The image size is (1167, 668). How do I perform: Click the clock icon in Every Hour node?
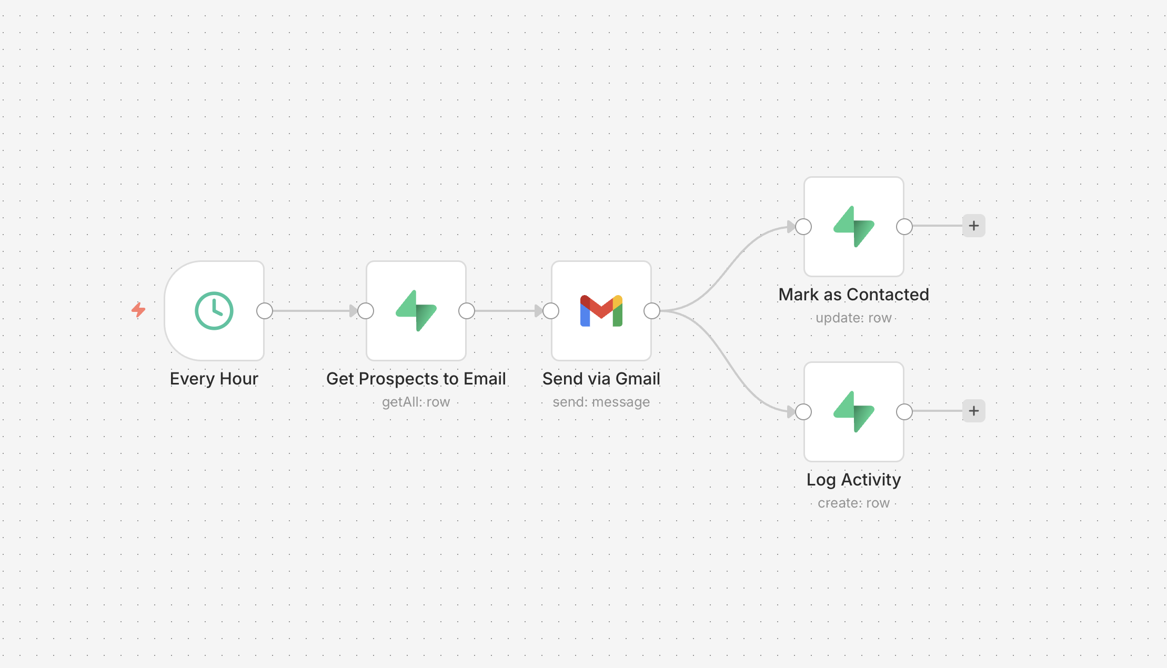tap(214, 310)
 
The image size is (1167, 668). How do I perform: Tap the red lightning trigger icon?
tap(138, 310)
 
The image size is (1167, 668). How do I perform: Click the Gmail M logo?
tap(601, 311)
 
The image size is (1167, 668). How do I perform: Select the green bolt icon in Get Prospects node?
tap(416, 311)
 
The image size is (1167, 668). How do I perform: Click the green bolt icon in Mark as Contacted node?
tap(853, 227)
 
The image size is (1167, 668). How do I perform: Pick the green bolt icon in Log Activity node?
tap(853, 412)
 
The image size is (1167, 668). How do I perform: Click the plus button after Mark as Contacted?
tap(973, 226)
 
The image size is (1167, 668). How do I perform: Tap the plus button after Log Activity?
tap(973, 411)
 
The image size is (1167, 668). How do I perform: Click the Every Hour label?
tap(214, 379)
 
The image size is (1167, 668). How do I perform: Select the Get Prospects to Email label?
tap(416, 379)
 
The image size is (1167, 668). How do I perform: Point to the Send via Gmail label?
tap(601, 379)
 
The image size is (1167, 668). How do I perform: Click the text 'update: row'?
tap(853, 318)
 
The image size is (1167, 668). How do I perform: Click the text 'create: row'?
tap(853, 503)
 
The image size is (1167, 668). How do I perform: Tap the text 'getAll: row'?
tap(416, 402)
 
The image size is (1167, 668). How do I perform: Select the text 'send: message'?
tap(601, 402)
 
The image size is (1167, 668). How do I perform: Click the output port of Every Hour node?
tap(265, 311)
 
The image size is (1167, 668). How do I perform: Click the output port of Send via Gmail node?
tap(652, 311)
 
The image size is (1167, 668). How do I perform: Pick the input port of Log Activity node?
tap(803, 412)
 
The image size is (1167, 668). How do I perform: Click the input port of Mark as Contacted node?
tap(803, 227)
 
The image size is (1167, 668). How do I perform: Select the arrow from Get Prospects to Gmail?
tap(508, 311)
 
